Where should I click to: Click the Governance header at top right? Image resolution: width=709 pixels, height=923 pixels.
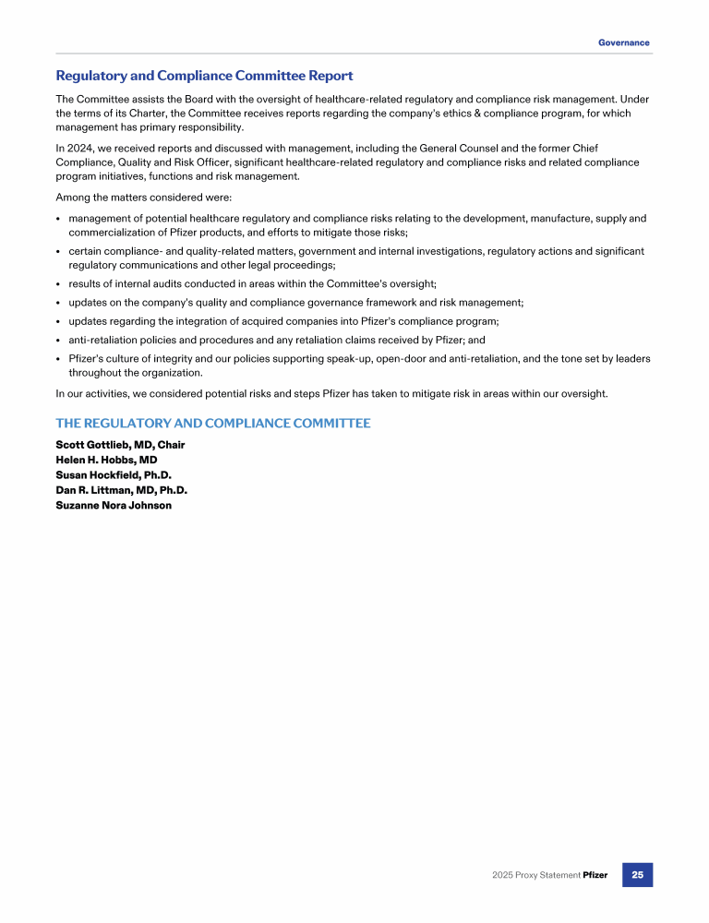(623, 42)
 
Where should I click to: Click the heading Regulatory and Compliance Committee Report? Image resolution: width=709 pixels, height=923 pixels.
(204, 76)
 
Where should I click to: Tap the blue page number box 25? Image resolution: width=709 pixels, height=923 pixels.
(637, 874)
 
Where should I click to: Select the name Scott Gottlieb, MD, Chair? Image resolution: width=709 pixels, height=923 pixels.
(120, 445)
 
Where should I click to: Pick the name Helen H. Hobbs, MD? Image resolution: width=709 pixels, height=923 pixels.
(106, 460)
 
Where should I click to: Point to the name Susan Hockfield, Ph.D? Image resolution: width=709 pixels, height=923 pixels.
(114, 475)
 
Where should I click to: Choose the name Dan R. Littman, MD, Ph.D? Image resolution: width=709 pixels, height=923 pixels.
(122, 490)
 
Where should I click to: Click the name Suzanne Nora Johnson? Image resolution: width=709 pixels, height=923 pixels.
(114, 505)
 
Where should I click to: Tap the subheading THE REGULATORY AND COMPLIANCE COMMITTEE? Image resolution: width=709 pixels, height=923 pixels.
(213, 423)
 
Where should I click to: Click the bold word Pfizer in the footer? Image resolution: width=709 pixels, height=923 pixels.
(595, 875)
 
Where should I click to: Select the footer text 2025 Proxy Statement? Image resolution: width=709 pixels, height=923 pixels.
(535, 875)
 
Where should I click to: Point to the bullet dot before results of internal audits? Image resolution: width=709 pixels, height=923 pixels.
(58, 283)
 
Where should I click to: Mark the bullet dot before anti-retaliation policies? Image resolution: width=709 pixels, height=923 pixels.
(58, 341)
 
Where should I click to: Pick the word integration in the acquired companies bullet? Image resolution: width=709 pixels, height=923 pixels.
(194, 321)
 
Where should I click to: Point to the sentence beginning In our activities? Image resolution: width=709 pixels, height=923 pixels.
(331, 394)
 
